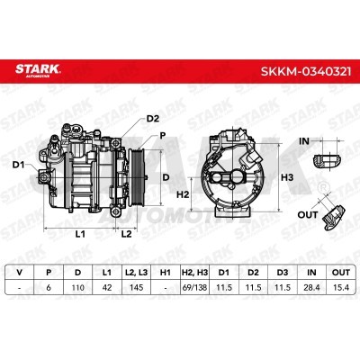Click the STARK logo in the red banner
point(38,70)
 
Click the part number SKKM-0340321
point(306,72)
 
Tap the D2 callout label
point(152,119)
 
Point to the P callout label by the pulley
point(163,136)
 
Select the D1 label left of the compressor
point(18,165)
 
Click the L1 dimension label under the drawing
point(80,234)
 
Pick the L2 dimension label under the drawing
point(126,234)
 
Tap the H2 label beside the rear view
point(183,194)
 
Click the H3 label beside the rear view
point(287,177)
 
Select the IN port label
point(304,141)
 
